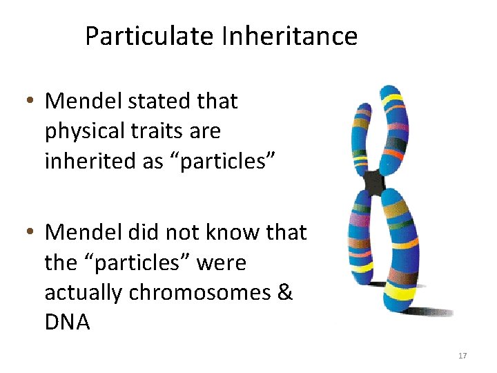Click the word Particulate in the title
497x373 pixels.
(x=150, y=36)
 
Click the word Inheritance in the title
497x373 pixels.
(x=289, y=36)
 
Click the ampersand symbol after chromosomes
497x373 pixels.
(x=285, y=293)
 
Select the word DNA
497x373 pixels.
(x=68, y=323)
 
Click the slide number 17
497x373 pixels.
(x=462, y=356)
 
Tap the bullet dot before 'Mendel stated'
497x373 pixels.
(x=30, y=102)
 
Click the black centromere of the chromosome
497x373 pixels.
(x=374, y=182)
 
